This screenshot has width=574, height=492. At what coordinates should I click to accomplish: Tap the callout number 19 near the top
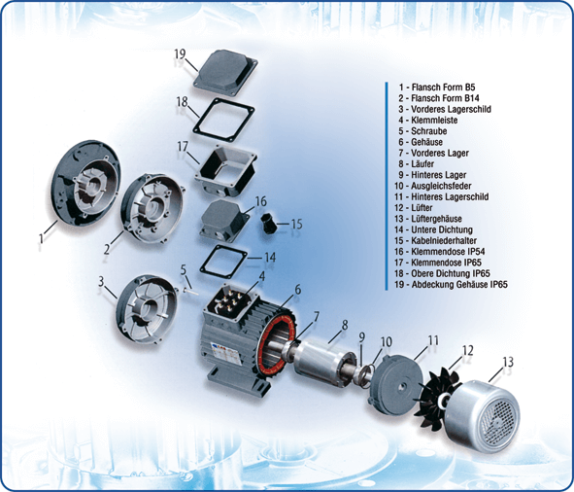pos(180,54)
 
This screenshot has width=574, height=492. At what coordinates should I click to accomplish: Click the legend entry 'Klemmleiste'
pos(434,120)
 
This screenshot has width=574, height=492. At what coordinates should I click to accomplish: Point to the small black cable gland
pos(268,224)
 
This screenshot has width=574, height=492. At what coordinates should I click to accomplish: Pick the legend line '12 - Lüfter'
pos(414,207)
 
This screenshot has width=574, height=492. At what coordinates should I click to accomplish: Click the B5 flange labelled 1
pos(85,184)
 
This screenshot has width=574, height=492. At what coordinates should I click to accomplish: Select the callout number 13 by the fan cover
pos(508,362)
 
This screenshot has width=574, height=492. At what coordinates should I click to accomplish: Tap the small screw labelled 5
pos(190,291)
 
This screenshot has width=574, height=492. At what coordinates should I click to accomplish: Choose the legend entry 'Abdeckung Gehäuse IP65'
pos(459,285)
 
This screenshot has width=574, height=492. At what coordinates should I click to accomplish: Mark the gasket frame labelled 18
pos(223,119)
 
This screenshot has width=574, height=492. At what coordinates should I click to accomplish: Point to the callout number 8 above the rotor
pos(345,325)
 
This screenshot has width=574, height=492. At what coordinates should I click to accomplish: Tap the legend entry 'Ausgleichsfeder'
pos(441,186)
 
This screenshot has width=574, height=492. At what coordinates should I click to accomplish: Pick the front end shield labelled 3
pos(147,309)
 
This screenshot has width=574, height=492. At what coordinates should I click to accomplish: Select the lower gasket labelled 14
pos(222,262)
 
